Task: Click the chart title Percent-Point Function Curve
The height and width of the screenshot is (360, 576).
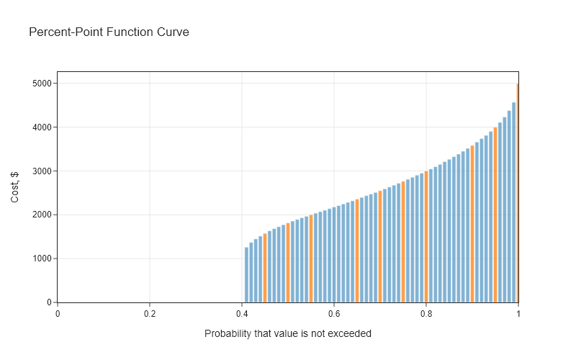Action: point(109,32)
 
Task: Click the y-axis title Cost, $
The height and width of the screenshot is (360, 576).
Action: point(15,186)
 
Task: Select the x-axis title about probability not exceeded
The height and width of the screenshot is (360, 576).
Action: point(288,333)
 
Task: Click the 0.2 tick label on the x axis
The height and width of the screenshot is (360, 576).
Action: point(150,314)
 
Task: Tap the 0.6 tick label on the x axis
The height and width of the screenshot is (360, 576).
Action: point(334,314)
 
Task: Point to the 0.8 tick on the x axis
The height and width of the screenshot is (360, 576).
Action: point(426,314)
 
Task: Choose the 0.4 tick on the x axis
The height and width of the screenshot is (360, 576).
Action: point(242,314)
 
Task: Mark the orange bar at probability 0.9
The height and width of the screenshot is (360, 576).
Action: point(472,224)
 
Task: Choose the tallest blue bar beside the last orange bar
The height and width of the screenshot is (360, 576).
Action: point(513,202)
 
